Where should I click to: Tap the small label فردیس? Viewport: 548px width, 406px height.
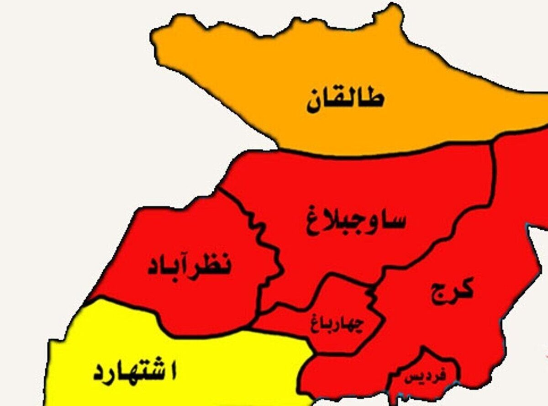[x=425, y=376]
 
